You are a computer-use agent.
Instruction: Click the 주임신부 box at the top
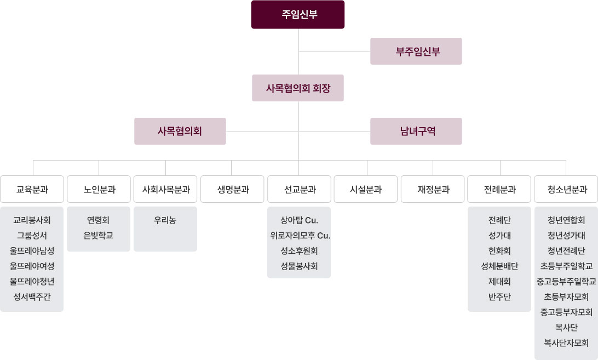298,15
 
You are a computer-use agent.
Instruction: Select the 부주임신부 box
416,52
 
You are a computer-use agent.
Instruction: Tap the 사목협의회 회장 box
298,88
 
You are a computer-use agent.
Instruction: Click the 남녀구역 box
416,132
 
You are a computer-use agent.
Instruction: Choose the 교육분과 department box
32,190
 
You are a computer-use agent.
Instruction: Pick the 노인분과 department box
99,190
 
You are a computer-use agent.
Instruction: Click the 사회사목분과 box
165,190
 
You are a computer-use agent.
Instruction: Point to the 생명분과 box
233,190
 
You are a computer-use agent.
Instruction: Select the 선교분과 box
300,190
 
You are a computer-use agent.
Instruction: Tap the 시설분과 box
366,190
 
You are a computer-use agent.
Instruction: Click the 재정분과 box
433,190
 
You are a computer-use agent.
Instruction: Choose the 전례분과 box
499,190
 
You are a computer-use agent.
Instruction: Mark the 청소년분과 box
566,190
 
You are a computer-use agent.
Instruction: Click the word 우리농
165,220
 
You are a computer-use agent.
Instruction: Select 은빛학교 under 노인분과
99,236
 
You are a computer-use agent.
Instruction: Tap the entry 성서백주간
32,297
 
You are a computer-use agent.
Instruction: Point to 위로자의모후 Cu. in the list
300,236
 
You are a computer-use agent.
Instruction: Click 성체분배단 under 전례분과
499,266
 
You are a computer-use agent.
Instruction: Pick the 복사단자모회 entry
566,343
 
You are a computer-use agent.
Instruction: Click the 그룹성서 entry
32,236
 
